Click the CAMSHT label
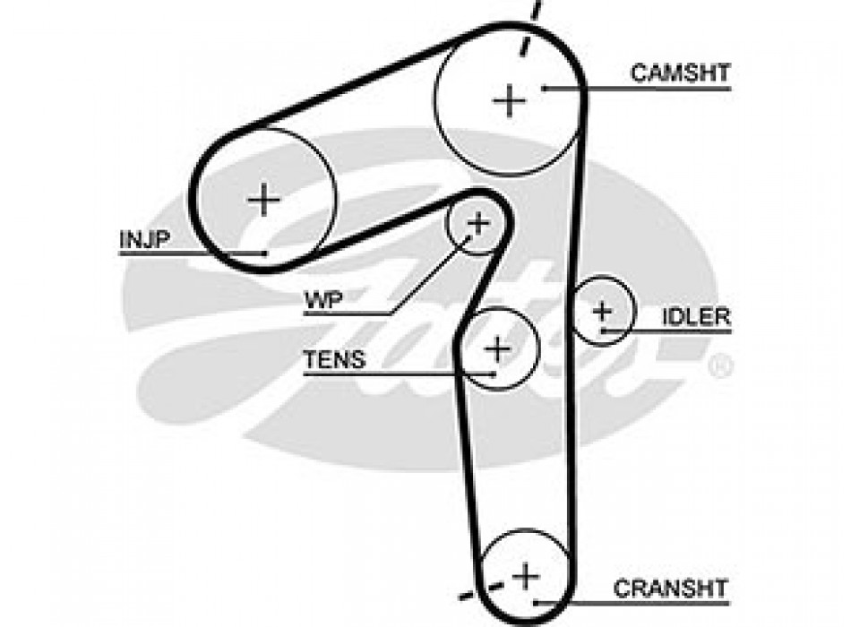click(681, 73)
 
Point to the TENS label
click(334, 360)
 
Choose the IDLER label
click(696, 316)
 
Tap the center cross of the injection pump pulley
click(263, 198)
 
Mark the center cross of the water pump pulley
click(479, 222)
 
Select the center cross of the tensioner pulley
click(497, 347)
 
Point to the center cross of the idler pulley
click(603, 311)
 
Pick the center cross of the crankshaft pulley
click(525, 574)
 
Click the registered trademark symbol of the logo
click(719, 367)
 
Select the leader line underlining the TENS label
click(399, 374)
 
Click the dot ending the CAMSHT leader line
click(544, 88)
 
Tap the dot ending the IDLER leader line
click(604, 331)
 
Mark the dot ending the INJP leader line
click(265, 253)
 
